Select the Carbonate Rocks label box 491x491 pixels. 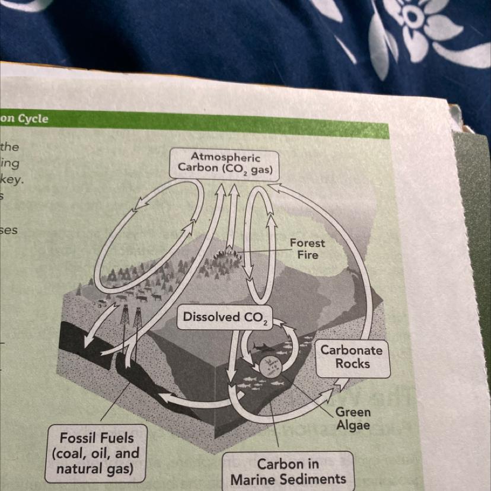[353, 357]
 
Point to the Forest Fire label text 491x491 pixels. [307, 249]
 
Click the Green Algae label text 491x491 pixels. [353, 419]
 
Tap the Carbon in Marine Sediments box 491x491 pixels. [288, 471]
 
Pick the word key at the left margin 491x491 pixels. [11, 179]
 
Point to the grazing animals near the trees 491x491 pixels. [142, 295]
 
